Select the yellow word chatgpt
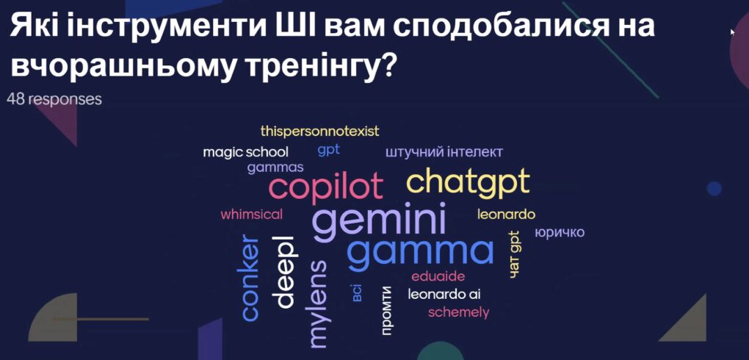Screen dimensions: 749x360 tap(468, 183)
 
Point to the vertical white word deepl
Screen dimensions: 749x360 tap(283, 272)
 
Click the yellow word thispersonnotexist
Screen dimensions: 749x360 tap(319, 131)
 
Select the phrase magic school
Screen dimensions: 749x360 tap(245, 153)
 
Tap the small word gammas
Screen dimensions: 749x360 tap(275, 168)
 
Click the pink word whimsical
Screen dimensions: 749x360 tap(251, 215)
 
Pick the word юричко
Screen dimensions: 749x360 tap(560, 233)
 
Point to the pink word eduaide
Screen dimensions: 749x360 tap(438, 277)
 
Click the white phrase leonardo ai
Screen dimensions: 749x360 tap(444, 295)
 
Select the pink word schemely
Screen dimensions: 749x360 tap(458, 313)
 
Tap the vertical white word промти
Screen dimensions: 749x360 tap(387, 310)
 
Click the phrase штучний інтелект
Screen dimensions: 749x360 tap(444, 153)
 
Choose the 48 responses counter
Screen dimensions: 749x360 tap(54, 99)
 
